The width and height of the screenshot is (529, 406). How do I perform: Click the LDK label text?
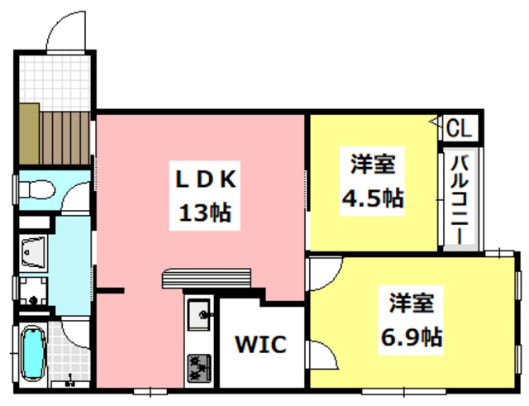(206, 179)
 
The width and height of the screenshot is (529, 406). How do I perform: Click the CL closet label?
(460, 129)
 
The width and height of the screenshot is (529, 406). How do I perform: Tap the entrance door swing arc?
(66, 29)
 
